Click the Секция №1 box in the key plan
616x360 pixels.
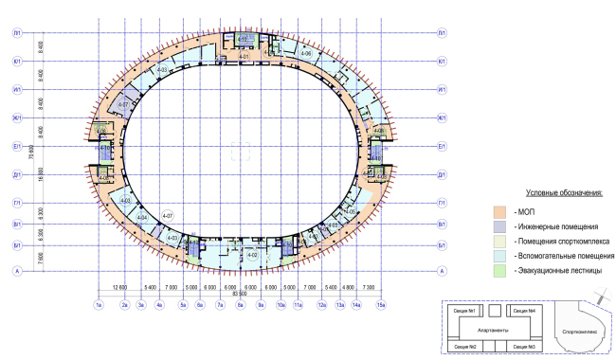(x=463, y=311)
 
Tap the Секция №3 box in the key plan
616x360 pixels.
(x=525, y=349)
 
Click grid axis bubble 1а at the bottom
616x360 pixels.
(x=99, y=305)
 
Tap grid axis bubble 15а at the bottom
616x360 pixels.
(x=381, y=305)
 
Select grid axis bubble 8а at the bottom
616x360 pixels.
(x=241, y=305)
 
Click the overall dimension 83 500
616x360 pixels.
(x=241, y=292)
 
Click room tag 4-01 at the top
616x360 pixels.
(x=244, y=58)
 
